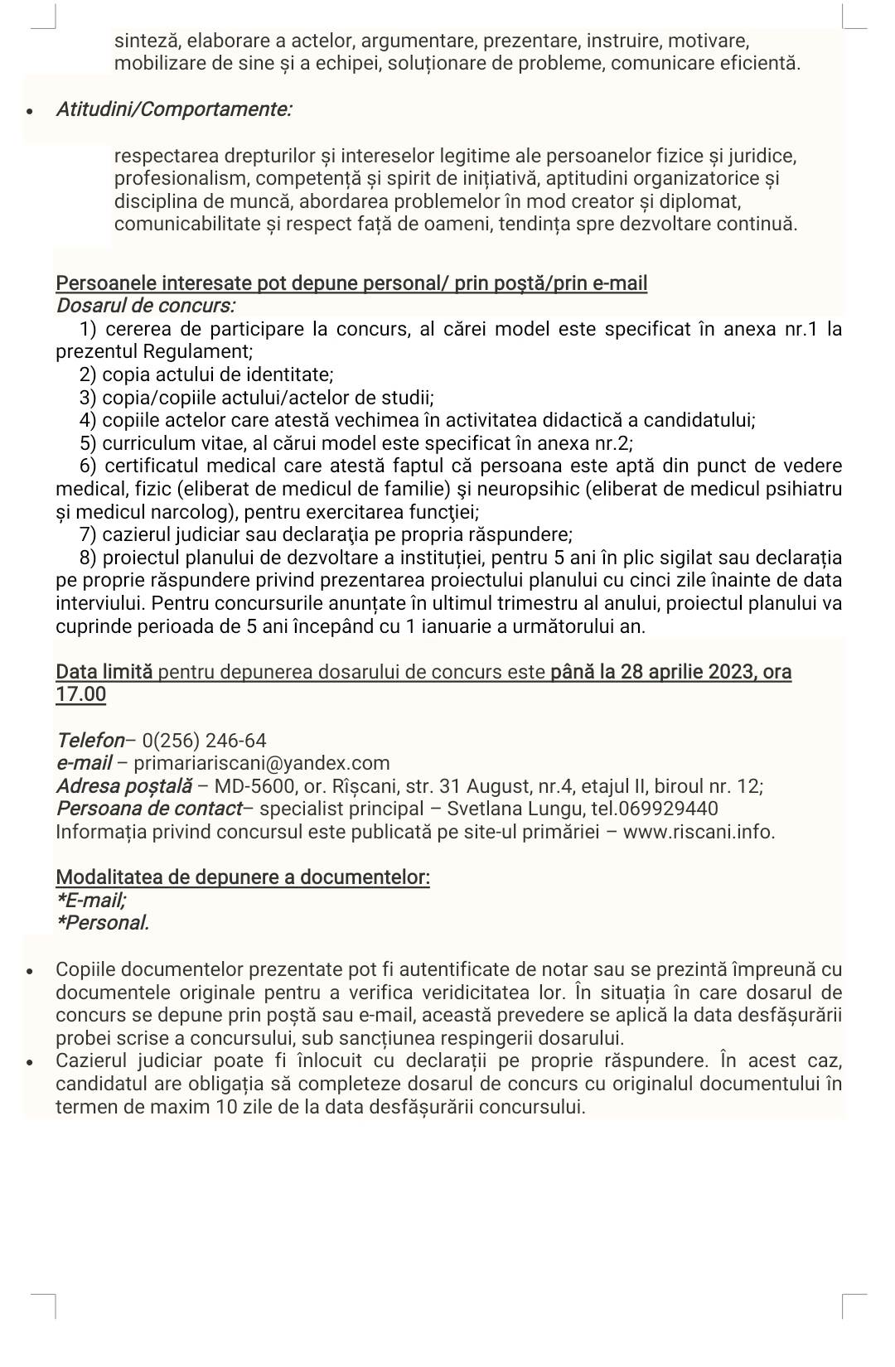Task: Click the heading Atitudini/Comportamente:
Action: (x=173, y=109)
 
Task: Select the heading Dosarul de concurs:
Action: (x=145, y=306)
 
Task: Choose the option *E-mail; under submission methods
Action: (x=91, y=900)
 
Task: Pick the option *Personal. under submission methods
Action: (x=103, y=923)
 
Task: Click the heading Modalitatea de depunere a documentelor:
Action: (x=243, y=877)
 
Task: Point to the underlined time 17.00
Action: (x=81, y=694)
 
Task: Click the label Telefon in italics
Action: (x=89, y=741)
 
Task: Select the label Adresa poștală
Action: (x=123, y=786)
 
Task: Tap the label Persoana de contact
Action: (x=149, y=809)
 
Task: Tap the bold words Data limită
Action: (x=104, y=672)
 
